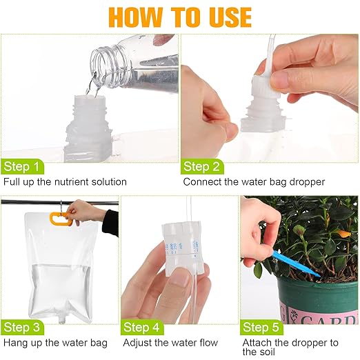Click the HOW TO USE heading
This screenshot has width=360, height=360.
coord(179,17)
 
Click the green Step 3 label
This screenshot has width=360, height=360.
coord(21,326)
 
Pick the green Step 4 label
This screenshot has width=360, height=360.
coord(142,326)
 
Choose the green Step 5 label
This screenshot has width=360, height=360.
coord(262,326)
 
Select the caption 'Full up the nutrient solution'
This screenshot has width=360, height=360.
coord(65,182)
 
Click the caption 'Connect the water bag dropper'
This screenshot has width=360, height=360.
coord(251,182)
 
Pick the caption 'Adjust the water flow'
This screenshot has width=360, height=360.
coord(170,343)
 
